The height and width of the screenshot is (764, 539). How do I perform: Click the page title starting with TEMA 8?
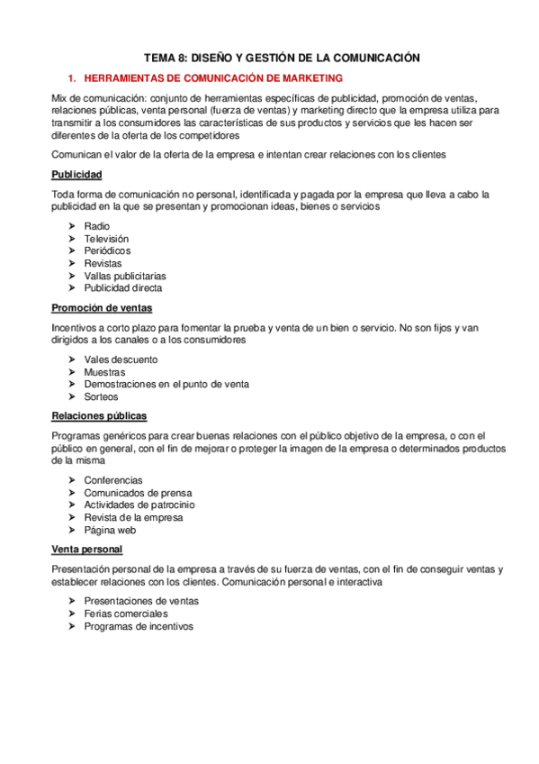270,57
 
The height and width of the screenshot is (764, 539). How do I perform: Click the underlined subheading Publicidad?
76,174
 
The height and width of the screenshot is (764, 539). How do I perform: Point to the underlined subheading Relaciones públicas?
99,416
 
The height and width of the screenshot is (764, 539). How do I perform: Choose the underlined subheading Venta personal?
87,550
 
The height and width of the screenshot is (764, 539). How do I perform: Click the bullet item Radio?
97,225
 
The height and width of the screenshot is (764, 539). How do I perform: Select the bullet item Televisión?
106,238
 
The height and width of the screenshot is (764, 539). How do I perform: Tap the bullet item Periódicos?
107,250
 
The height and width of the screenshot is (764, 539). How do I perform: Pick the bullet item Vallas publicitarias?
125,276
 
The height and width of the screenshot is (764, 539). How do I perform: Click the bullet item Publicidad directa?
123,288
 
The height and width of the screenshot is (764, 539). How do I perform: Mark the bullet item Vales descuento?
121,359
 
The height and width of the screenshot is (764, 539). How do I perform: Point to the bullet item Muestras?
104,371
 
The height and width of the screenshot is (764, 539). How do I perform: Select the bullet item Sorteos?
101,396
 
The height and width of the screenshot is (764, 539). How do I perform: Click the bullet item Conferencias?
113,480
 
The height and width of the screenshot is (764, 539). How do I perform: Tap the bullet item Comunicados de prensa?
138,493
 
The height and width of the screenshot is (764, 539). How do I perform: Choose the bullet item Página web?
111,531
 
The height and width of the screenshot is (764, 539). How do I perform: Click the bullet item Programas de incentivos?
139,626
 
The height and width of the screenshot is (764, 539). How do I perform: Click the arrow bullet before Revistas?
72,263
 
